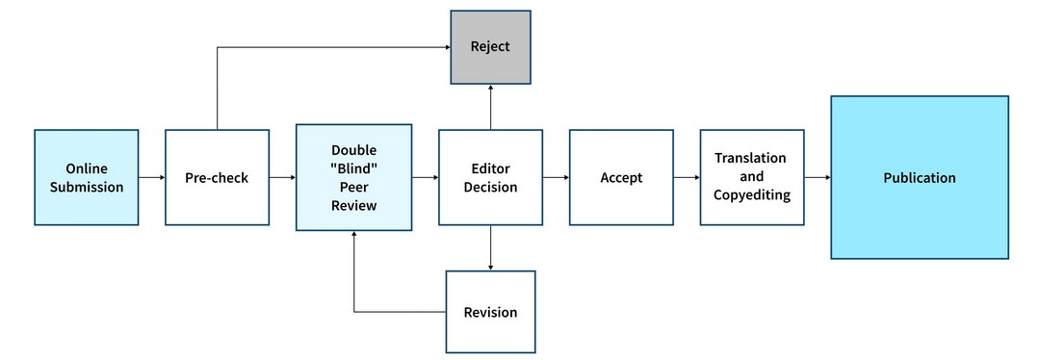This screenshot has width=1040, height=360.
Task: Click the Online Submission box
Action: (87, 178)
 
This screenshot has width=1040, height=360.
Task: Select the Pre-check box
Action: (217, 178)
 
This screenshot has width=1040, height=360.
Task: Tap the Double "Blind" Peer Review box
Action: (353, 178)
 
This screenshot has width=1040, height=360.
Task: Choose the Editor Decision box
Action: (490, 178)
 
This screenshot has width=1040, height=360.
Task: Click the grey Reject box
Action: (490, 47)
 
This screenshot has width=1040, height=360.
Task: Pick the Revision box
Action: (490, 312)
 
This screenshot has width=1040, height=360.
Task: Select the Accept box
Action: (621, 178)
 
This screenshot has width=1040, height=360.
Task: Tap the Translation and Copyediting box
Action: (751, 178)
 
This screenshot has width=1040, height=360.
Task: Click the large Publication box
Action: (920, 178)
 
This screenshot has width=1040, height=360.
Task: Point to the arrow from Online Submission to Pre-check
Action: (152, 178)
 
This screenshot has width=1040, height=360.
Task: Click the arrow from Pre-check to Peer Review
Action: (282, 178)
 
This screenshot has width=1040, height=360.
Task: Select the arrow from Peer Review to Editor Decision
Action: (425, 178)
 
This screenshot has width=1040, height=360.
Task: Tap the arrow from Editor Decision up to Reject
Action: (490, 106)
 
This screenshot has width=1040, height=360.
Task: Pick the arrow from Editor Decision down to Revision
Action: (490, 248)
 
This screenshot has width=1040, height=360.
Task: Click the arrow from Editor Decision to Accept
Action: (556, 178)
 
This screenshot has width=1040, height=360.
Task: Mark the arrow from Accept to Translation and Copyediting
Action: (686, 178)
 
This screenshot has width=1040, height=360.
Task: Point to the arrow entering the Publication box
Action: (818, 178)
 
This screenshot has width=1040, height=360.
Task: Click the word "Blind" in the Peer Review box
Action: (353, 169)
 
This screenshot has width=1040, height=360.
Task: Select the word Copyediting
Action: (751, 195)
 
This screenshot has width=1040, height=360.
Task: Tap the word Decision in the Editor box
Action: (490, 188)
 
